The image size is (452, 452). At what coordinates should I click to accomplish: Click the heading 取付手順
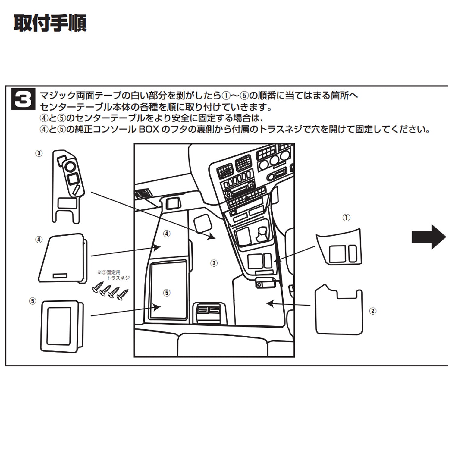[50, 23]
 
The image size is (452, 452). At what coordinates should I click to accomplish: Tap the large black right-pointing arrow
[429, 237]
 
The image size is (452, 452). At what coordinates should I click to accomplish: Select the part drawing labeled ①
[338, 247]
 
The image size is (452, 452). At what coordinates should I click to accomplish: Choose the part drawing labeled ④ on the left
[63, 258]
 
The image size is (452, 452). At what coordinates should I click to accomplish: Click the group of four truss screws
[110, 291]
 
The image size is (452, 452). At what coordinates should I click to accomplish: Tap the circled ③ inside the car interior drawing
[214, 263]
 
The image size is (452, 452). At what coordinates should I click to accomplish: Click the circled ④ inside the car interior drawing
[167, 234]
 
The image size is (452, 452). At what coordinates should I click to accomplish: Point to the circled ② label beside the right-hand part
[373, 311]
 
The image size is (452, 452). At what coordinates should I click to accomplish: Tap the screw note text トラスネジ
[118, 278]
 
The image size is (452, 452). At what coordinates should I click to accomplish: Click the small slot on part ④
[60, 276]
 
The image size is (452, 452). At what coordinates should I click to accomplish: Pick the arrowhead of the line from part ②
[270, 303]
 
